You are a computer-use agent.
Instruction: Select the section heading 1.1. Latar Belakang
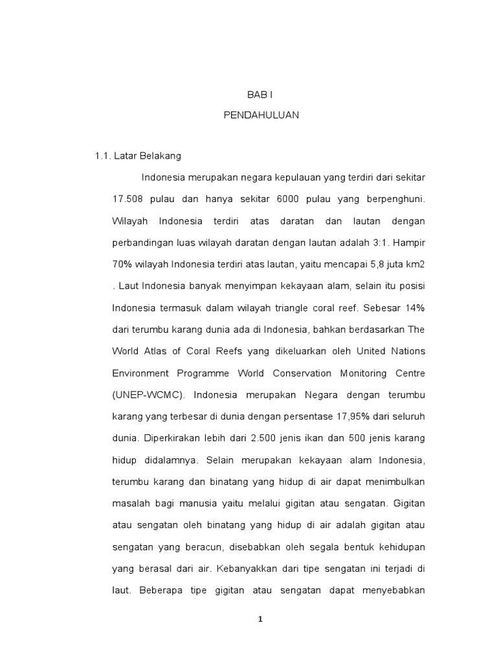pos(138,156)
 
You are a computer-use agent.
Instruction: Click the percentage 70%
pos(122,264)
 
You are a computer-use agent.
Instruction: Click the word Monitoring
pos(367,374)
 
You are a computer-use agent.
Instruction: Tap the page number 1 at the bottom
pos(260,619)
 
